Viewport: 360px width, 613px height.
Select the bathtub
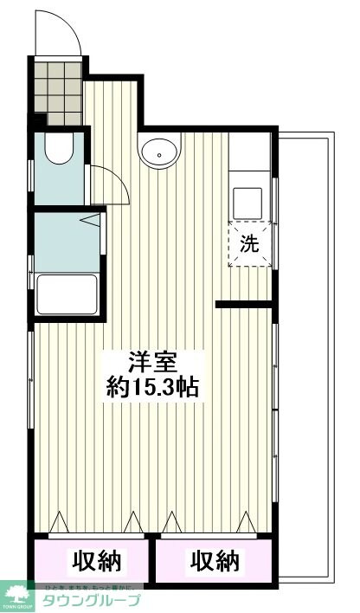[65, 294]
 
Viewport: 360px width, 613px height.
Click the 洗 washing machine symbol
[249, 244]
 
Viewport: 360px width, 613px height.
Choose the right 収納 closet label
[214, 561]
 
